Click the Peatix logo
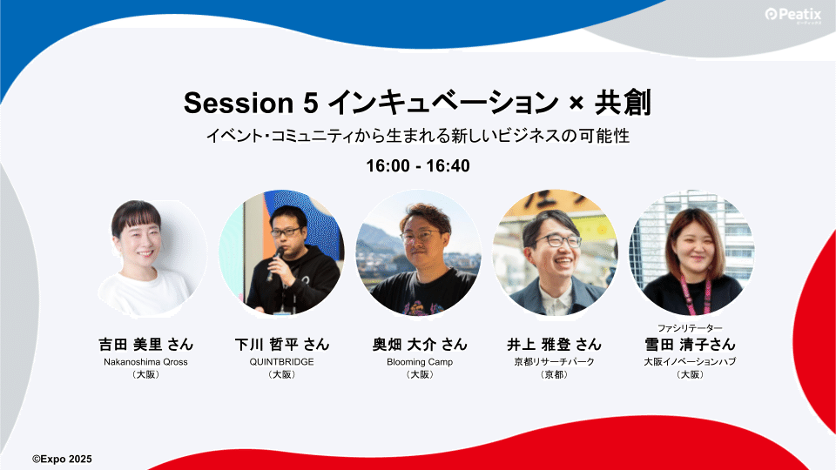(x=792, y=15)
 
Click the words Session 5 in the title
(x=251, y=103)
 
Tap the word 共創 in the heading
(x=622, y=103)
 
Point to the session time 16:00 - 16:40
(x=418, y=165)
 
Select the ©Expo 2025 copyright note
(x=62, y=459)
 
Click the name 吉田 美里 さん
(x=145, y=345)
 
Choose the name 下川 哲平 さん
(x=282, y=345)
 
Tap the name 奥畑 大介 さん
(x=420, y=345)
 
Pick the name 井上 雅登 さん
(x=555, y=345)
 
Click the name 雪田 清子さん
(x=690, y=345)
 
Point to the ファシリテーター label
(x=690, y=328)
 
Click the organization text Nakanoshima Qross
(x=145, y=362)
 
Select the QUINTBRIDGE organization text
(x=282, y=362)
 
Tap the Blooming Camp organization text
(x=420, y=362)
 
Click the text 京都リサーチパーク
(x=555, y=362)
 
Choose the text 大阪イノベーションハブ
(x=690, y=362)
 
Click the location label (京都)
(x=555, y=374)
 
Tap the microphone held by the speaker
(x=274, y=263)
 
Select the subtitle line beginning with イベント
(x=418, y=136)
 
